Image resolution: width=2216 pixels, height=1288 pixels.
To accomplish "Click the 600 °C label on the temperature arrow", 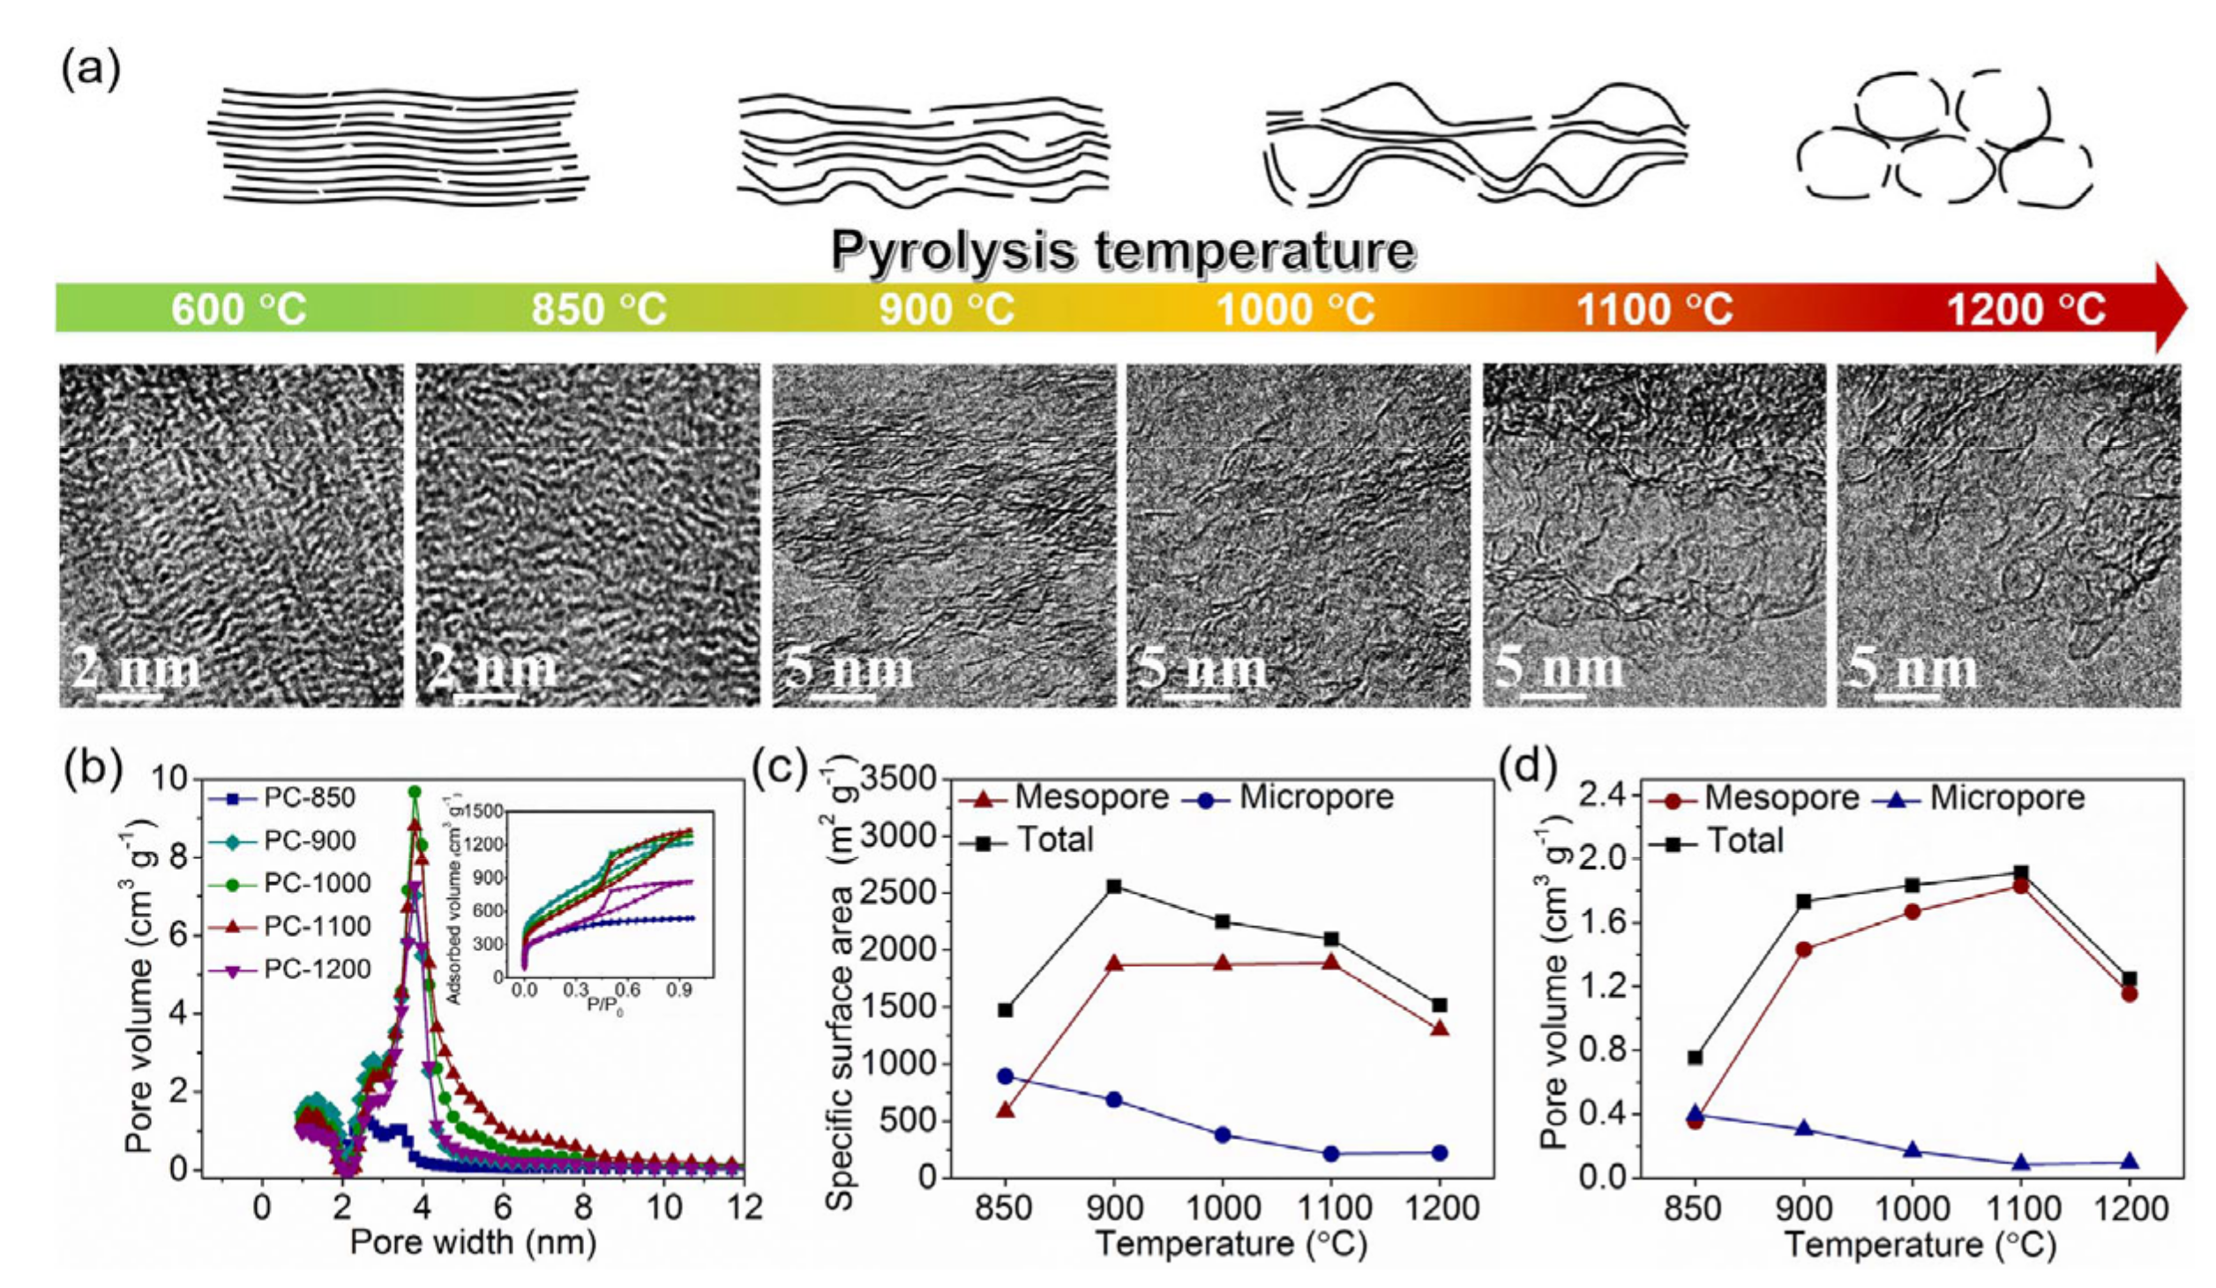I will click(x=238, y=310).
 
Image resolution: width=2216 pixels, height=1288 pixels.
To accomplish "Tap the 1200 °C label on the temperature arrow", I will click(x=2026, y=310).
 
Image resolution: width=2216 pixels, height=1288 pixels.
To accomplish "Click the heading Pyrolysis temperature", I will click(x=1122, y=251).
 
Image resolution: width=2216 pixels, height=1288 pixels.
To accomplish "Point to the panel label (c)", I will click(x=780, y=770).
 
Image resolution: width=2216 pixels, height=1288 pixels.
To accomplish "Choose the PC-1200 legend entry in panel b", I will click(x=316, y=970).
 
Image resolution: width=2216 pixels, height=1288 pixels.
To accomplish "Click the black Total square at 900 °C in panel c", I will click(x=1114, y=887).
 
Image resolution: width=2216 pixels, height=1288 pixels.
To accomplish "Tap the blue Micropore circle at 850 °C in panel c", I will click(x=1005, y=1076).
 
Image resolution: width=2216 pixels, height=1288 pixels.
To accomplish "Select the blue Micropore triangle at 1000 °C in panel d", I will click(x=1912, y=1150).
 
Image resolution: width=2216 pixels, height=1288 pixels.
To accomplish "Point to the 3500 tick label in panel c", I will click(x=899, y=780).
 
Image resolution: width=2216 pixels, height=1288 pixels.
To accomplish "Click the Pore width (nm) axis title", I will click(x=473, y=1242).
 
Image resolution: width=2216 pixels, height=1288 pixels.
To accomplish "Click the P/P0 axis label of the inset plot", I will click(x=605, y=1006).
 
